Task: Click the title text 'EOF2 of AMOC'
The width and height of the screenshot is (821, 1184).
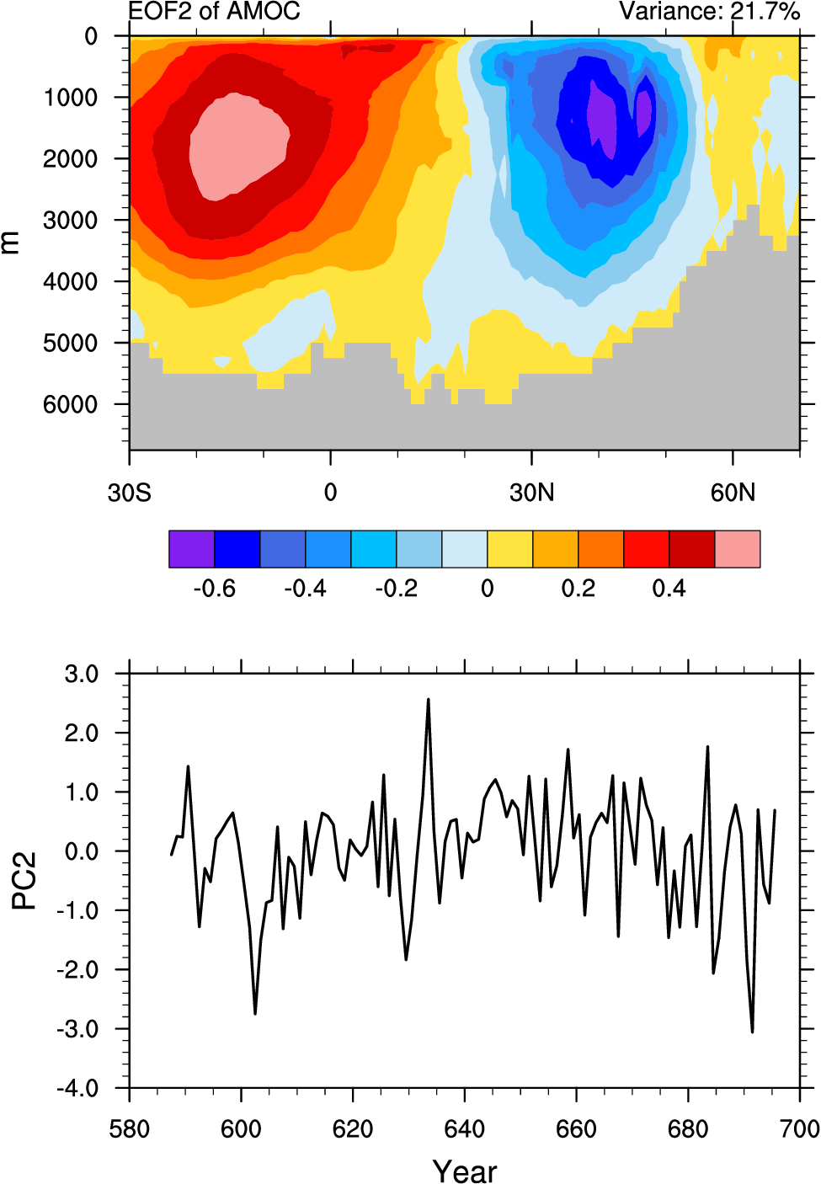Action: pyautogui.click(x=214, y=11)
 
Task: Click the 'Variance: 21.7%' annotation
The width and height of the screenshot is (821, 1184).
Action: pyautogui.click(x=709, y=11)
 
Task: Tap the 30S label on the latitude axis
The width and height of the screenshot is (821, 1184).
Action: pyautogui.click(x=129, y=493)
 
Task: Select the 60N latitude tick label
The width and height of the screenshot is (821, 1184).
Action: pyautogui.click(x=733, y=493)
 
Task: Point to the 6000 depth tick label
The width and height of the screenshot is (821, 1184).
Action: pyautogui.click(x=71, y=405)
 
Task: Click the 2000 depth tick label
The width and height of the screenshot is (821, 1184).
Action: pyautogui.click(x=71, y=159)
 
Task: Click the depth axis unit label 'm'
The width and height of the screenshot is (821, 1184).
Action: pyautogui.click(x=10, y=243)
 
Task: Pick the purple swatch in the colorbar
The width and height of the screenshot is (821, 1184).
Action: pyautogui.click(x=191, y=549)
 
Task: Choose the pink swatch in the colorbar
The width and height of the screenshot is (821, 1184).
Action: pyautogui.click(x=738, y=549)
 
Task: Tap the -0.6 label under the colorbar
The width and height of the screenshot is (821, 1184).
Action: pyautogui.click(x=214, y=589)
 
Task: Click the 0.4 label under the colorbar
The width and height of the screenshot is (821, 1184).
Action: pyautogui.click(x=669, y=589)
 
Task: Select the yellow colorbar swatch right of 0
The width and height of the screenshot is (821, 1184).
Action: pyautogui.click(x=510, y=549)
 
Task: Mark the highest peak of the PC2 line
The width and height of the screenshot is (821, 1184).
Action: pyautogui.click(x=428, y=700)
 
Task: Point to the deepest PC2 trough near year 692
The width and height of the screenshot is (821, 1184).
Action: pyautogui.click(x=752, y=1031)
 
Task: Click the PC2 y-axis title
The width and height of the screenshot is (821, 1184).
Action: pyautogui.click(x=24, y=881)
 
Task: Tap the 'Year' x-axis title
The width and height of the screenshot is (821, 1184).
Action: pyautogui.click(x=464, y=1171)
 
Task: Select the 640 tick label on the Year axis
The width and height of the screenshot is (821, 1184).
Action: pyautogui.click(x=464, y=1128)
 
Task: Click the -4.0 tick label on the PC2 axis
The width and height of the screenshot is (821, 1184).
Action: pyautogui.click(x=77, y=1089)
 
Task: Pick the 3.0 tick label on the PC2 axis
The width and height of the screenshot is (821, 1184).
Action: pyautogui.click(x=82, y=675)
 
